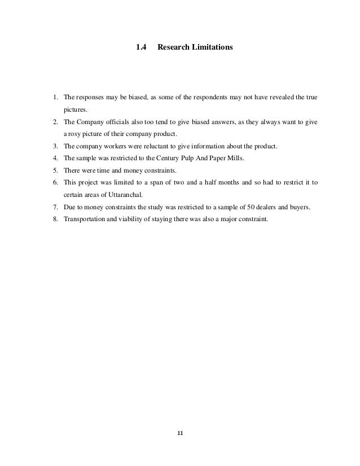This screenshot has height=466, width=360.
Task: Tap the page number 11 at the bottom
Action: click(180, 433)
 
